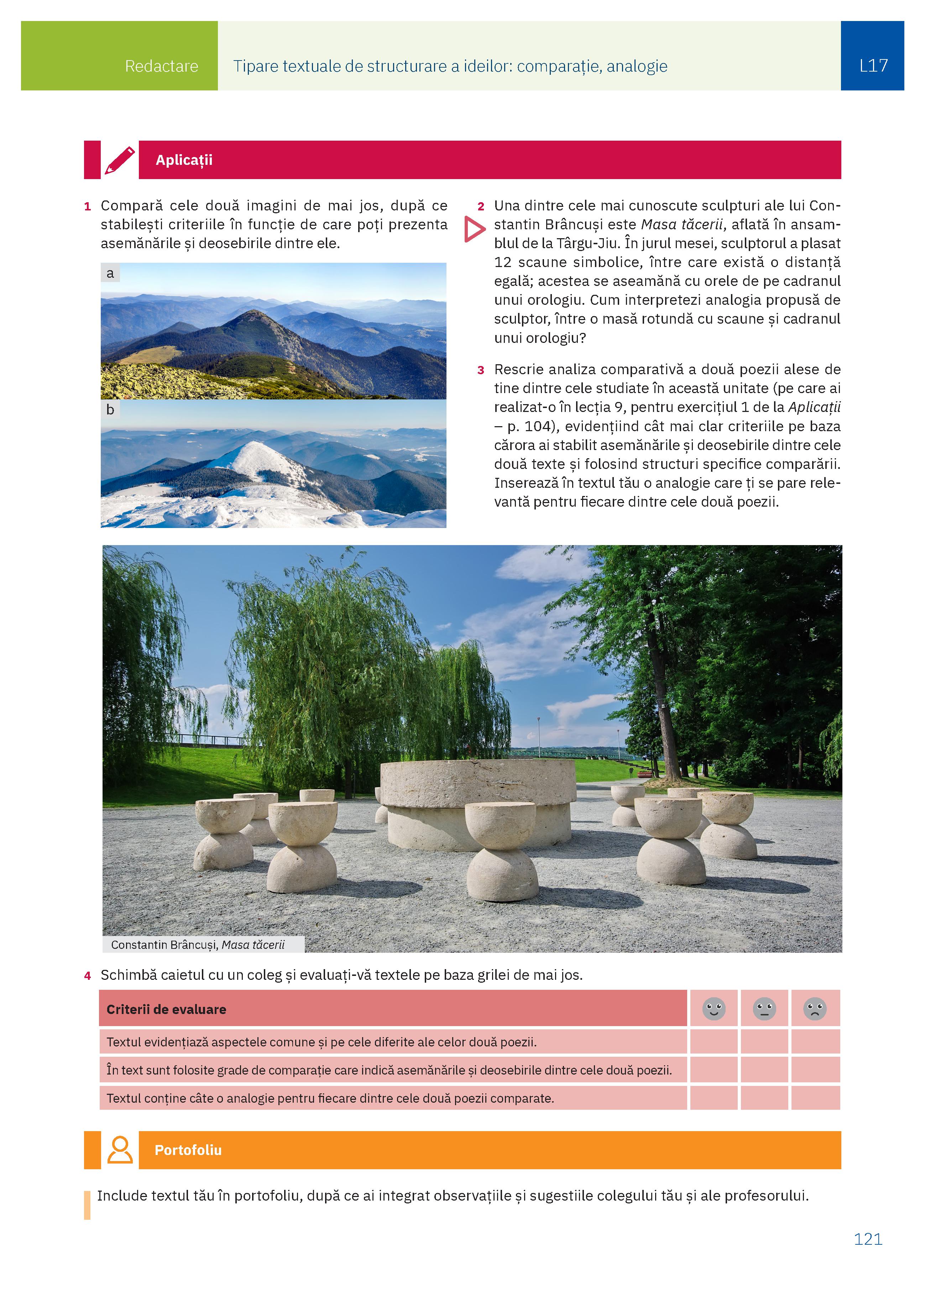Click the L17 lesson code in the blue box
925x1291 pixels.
[873, 66]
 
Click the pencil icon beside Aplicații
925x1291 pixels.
[120, 160]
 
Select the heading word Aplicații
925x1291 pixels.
[184, 160]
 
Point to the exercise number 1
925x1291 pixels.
[88, 207]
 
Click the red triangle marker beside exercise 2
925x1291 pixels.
[475, 229]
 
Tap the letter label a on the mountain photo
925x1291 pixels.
[110, 273]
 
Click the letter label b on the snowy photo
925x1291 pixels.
[110, 410]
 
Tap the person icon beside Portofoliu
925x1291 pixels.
[120, 1150]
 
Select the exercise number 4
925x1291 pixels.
[88, 976]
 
